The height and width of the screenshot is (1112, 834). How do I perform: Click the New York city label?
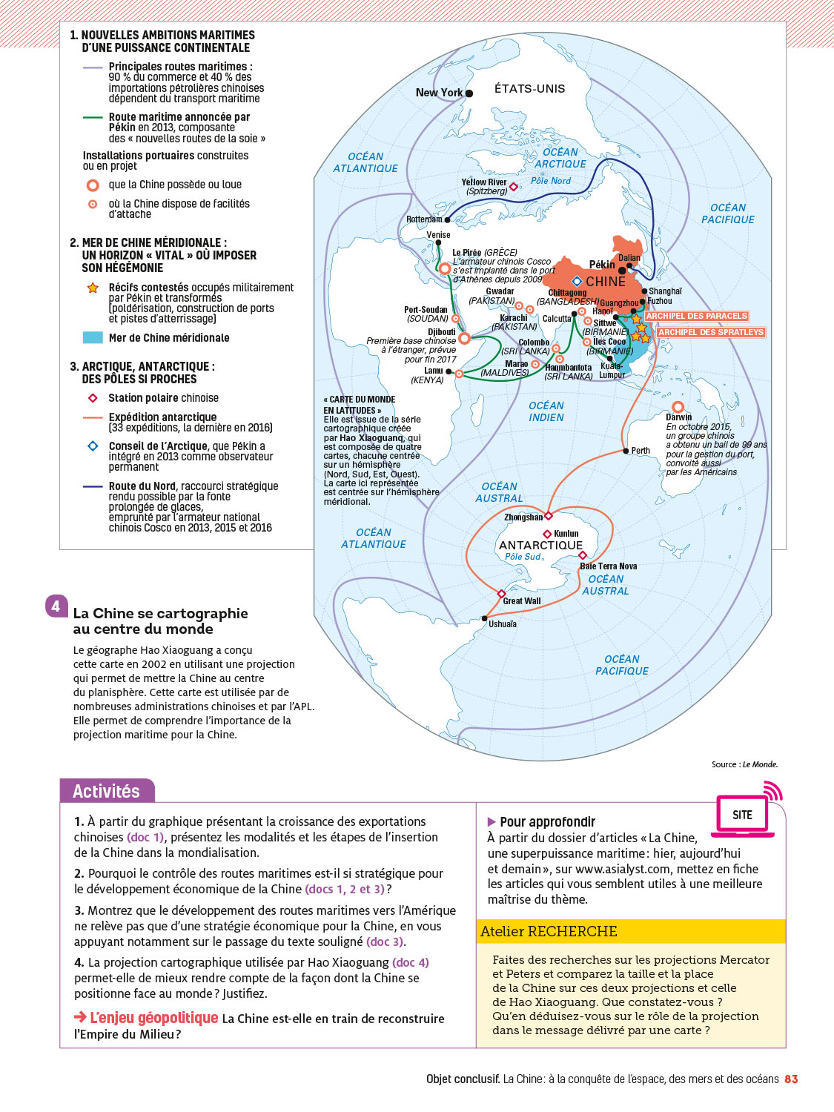click(x=439, y=93)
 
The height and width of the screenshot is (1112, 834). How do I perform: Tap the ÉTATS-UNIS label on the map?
click(x=529, y=89)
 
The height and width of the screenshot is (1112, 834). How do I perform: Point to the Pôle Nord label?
click(x=551, y=181)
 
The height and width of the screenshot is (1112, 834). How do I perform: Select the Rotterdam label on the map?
click(x=424, y=219)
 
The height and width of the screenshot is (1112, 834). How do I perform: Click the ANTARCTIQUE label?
click(x=540, y=545)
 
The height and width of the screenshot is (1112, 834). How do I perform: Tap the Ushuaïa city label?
click(x=503, y=624)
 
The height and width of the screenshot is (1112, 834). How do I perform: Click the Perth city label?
click(x=641, y=451)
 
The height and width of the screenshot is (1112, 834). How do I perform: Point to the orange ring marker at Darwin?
click(x=678, y=407)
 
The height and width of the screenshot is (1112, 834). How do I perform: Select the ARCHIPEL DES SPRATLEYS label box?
click(x=711, y=332)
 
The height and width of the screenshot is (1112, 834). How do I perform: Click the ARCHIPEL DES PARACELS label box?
click(x=696, y=316)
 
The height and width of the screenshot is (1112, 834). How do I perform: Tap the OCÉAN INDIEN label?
click(x=546, y=411)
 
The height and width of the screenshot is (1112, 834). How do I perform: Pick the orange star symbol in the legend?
click(x=93, y=288)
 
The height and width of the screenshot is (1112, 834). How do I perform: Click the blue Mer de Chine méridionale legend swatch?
click(x=93, y=337)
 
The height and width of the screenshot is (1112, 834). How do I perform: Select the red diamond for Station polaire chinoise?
click(x=93, y=398)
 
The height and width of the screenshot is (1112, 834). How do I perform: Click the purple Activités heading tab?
click(x=107, y=791)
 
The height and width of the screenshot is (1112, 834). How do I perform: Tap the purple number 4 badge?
click(x=56, y=606)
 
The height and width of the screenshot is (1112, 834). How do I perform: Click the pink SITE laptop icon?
click(x=743, y=815)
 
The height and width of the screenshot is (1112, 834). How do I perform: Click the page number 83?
click(x=791, y=1079)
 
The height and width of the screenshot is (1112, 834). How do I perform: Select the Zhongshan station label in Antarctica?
click(x=523, y=517)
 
